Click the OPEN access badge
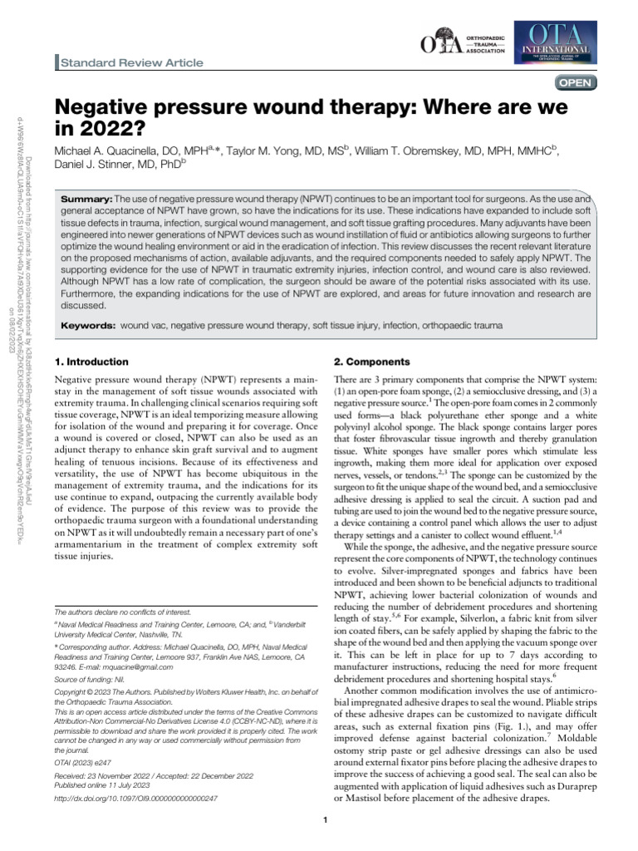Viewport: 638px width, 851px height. [575, 81]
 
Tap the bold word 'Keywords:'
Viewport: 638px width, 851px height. [90, 327]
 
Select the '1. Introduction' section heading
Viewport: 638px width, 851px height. [91, 362]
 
